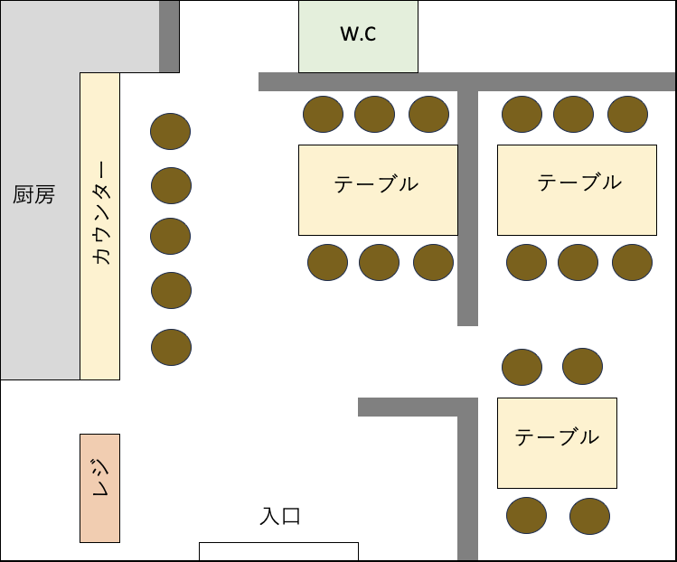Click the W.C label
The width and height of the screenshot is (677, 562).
coord(358,33)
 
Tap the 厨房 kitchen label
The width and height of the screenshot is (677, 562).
coord(33,194)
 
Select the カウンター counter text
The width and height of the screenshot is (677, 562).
coord(101,212)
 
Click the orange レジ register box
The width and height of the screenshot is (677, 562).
coord(99,488)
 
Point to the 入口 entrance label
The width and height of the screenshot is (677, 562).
coord(280,516)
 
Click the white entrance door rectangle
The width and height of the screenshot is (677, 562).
coord(278,551)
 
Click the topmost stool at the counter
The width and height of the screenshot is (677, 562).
coord(170,131)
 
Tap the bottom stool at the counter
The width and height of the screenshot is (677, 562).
coord(171,347)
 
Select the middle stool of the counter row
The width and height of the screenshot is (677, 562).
coord(170,236)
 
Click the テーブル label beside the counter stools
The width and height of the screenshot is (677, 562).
coord(376,184)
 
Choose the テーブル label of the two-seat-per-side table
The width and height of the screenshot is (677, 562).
coord(557,436)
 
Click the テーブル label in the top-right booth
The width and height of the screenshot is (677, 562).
coord(579,183)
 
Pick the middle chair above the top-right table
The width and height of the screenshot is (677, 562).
coord(573,114)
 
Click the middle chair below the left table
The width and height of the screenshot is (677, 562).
coord(379,262)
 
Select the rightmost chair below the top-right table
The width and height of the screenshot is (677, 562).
coord(632,262)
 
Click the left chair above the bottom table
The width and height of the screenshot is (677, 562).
coord(522,367)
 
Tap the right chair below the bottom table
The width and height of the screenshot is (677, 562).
coord(589,516)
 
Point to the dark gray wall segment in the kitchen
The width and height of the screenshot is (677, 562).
coord(169,36)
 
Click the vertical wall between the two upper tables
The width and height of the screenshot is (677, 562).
coord(467,208)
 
